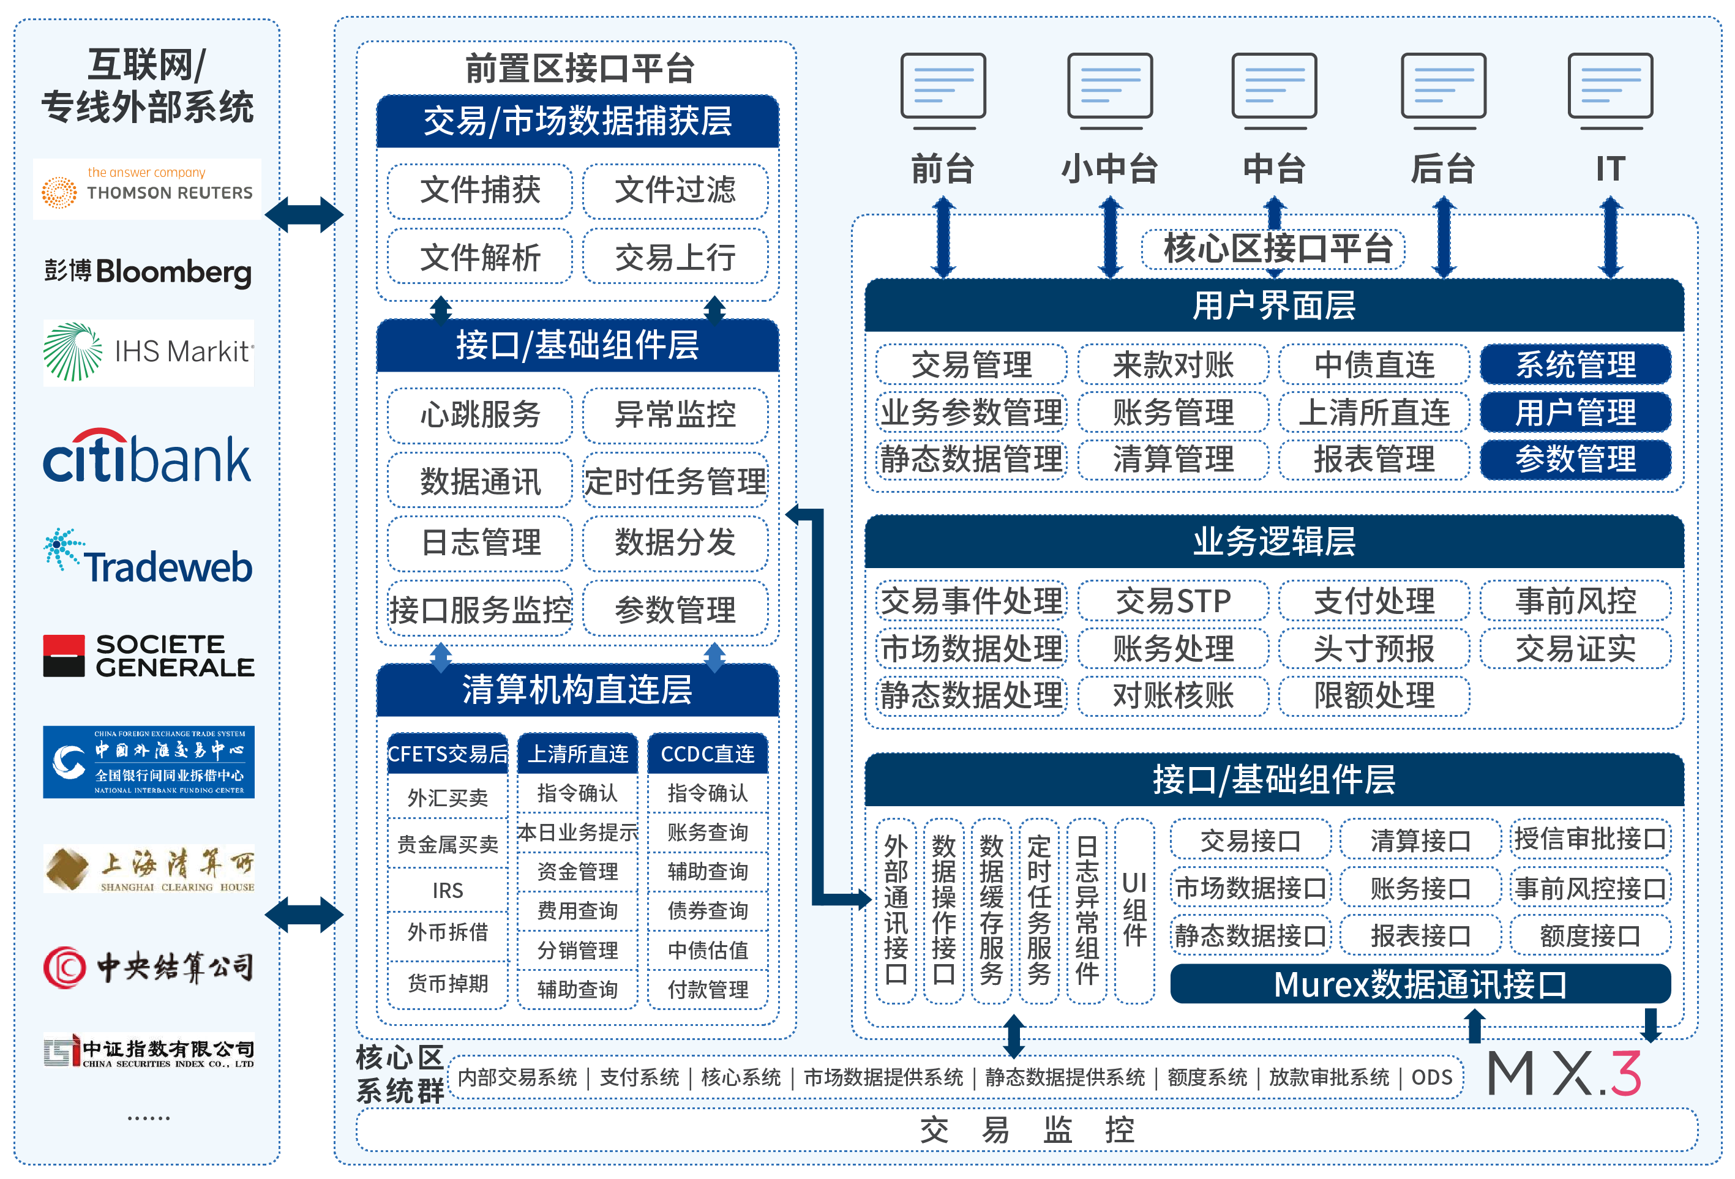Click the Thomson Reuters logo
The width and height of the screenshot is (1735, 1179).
(x=147, y=188)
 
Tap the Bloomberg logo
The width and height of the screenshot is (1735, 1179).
(x=147, y=272)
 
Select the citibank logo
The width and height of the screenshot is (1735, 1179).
(x=147, y=457)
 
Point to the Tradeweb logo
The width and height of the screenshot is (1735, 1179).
(x=147, y=558)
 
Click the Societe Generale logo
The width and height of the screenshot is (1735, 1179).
(x=147, y=656)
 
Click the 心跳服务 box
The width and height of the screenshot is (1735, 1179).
(x=480, y=414)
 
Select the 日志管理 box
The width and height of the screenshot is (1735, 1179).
(x=480, y=543)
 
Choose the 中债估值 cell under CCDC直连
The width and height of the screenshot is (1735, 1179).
(x=707, y=950)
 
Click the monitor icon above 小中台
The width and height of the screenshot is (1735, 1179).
(x=1109, y=88)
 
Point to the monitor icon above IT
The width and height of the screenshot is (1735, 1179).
(x=1609, y=88)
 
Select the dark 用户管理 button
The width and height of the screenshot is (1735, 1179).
(x=1575, y=412)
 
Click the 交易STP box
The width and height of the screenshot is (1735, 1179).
(x=1173, y=601)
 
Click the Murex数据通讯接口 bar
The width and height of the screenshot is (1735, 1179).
(x=1419, y=984)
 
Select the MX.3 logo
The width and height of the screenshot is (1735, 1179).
(x=1565, y=1074)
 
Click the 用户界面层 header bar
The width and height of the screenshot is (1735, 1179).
(x=1273, y=305)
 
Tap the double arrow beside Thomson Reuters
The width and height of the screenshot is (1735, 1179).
(x=304, y=215)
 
